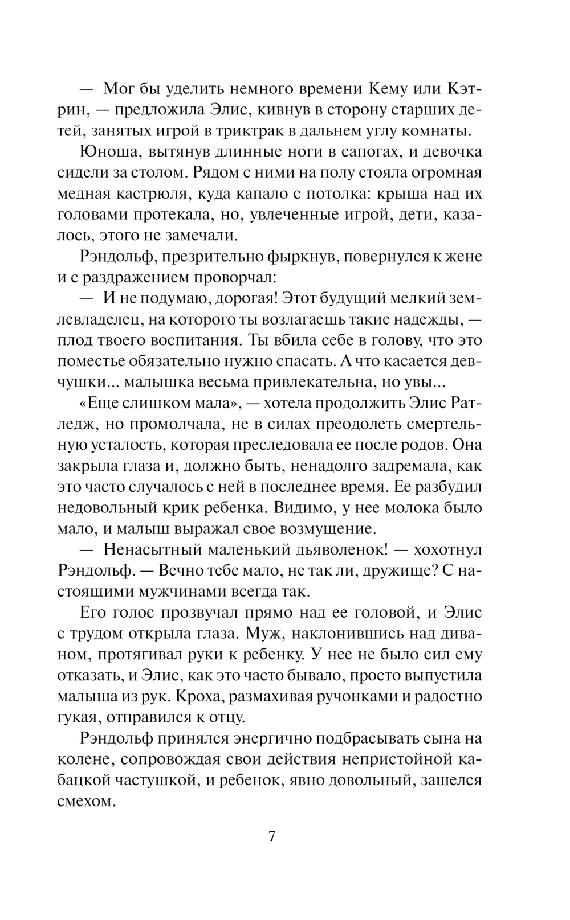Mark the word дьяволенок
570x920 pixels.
click(328, 549)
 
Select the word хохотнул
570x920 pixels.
click(448, 549)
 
